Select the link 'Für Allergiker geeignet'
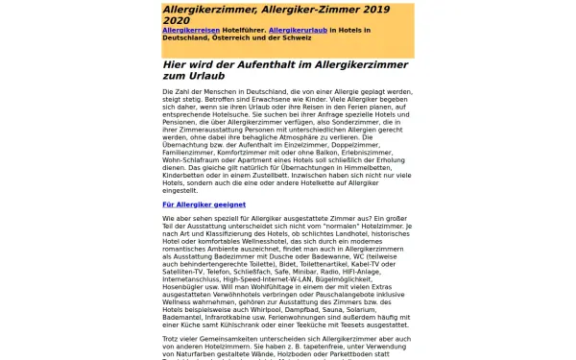coord(204,204)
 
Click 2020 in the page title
coord(177,20)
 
